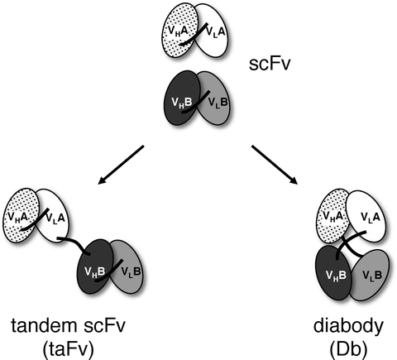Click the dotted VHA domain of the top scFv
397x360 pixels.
(x=175, y=31)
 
